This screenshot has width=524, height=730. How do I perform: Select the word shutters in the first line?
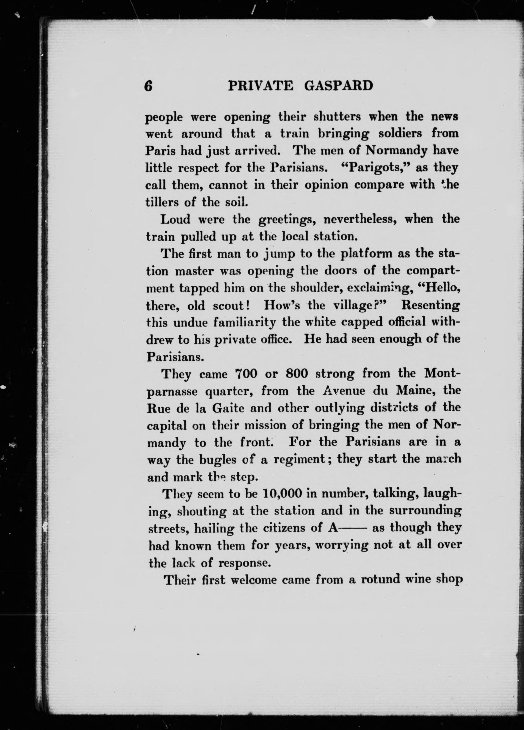point(337,117)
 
